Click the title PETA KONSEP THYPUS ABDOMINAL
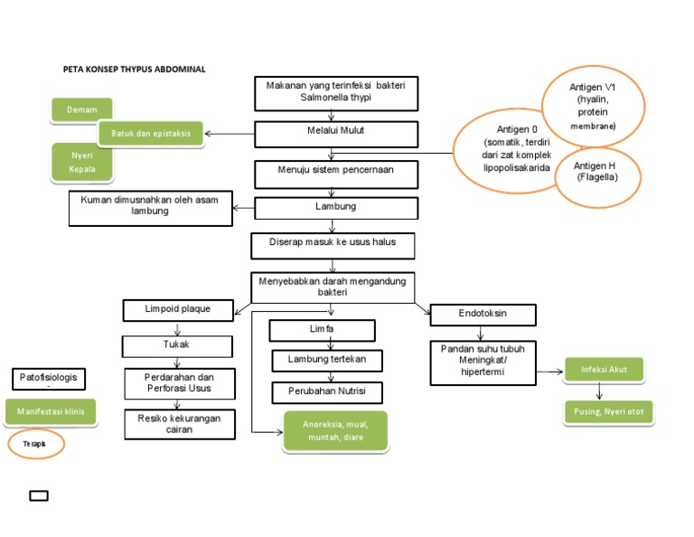click(x=134, y=69)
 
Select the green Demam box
click(x=81, y=110)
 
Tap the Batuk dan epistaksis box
click(x=150, y=134)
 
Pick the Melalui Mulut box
click(x=336, y=133)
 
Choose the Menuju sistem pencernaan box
click(x=336, y=170)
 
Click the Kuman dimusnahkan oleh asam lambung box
click(x=150, y=208)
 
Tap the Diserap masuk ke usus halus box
click(x=334, y=245)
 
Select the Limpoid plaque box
click(x=177, y=310)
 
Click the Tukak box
click(x=177, y=345)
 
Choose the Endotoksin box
click(x=483, y=315)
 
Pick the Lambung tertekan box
click(x=327, y=360)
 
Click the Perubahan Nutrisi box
click(x=327, y=392)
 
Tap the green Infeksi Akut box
click(x=604, y=369)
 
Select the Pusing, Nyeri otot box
click(x=607, y=413)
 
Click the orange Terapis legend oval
click(x=37, y=444)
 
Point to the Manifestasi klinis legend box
click(x=51, y=412)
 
